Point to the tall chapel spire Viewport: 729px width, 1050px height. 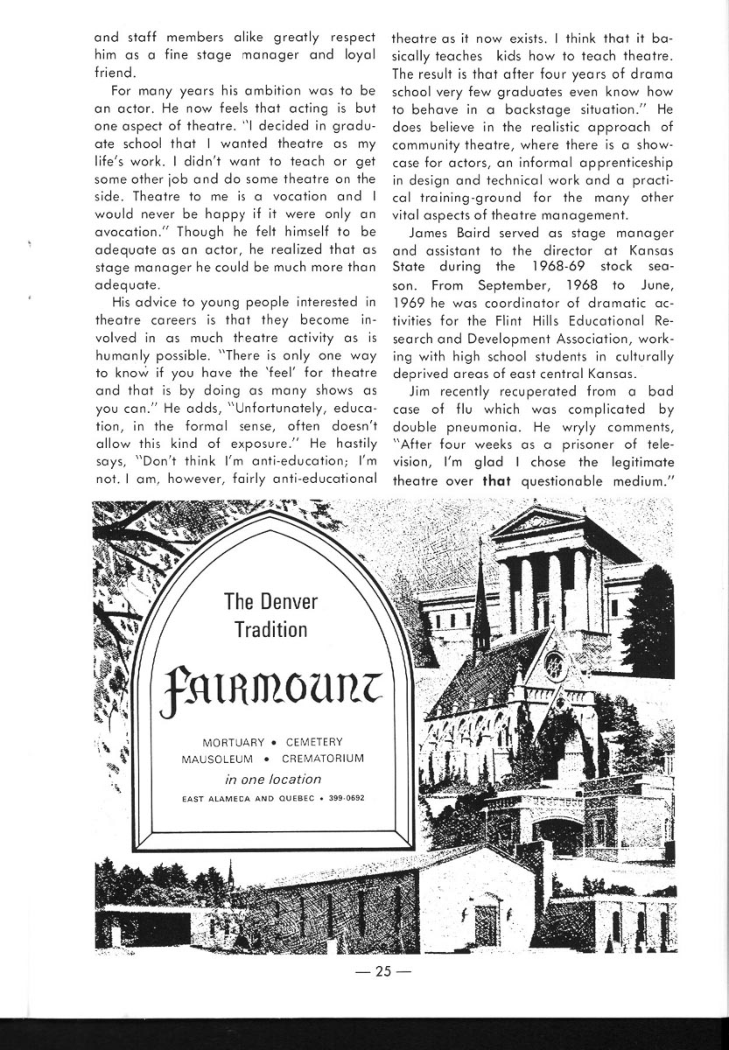pyautogui.click(x=480, y=612)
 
